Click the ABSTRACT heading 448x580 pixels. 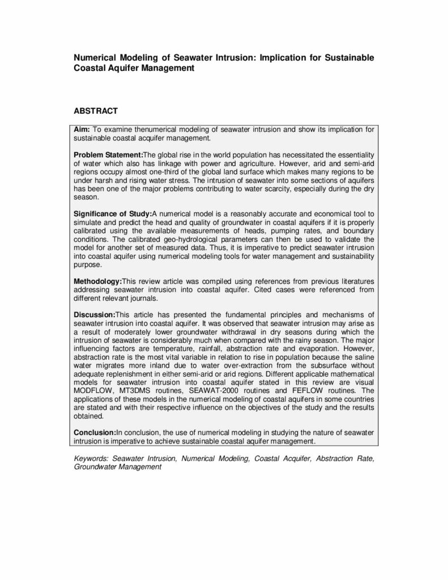96,111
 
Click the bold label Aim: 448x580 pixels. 82,130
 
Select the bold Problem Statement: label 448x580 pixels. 108,155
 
